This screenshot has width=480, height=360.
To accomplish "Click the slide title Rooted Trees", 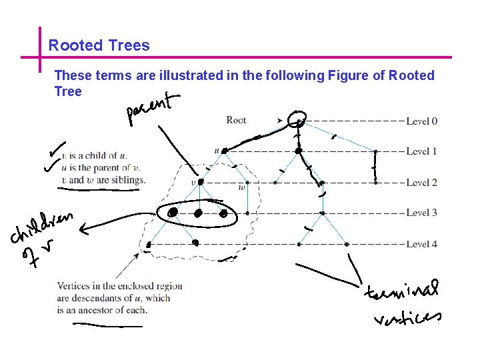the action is click(x=99, y=46).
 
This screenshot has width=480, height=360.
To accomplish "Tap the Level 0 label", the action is click(x=421, y=121).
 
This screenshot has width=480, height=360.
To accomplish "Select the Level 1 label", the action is click(x=421, y=151).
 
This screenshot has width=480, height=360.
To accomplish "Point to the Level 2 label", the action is click(x=421, y=182).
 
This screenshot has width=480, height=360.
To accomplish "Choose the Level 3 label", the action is click(x=421, y=213).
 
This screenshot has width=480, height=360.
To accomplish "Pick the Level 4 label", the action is click(x=421, y=244).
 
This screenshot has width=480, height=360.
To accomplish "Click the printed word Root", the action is click(x=236, y=120).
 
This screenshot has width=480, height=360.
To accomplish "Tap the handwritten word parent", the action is click(x=153, y=109).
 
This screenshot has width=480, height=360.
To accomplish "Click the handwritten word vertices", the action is click(x=407, y=317).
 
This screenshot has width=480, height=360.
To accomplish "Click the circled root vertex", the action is click(x=299, y=121).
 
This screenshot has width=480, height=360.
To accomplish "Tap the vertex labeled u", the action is click(x=225, y=151).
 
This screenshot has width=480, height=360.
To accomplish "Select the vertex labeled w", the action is click(x=247, y=182).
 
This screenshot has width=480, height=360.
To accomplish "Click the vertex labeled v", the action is click(x=201, y=182).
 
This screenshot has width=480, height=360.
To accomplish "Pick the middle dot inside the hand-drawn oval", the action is click(x=198, y=213).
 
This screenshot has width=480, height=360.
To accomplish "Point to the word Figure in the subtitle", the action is click(x=347, y=75).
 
